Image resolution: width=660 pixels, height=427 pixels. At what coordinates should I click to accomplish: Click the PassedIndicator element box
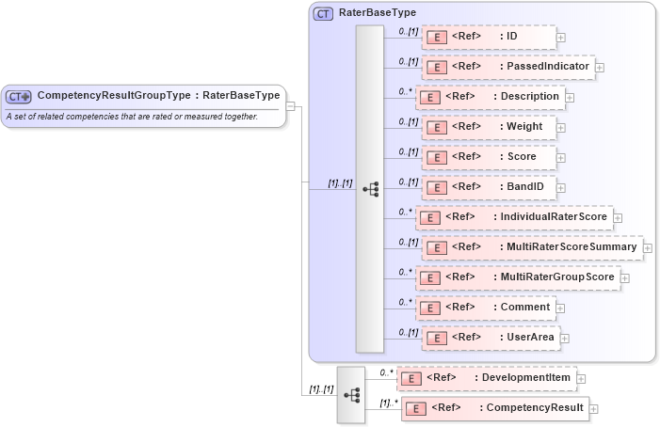[x=507, y=67]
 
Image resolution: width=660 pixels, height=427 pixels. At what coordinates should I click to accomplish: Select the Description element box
[x=490, y=97]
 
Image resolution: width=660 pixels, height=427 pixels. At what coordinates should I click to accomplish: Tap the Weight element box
[x=486, y=127]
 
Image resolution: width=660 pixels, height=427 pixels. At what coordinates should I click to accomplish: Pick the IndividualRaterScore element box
[x=514, y=217]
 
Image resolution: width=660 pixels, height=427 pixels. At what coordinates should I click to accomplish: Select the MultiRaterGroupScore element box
[x=517, y=277]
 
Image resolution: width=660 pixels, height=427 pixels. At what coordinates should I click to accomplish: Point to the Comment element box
[x=485, y=307]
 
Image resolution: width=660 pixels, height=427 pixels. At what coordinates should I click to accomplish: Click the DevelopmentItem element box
[x=486, y=378]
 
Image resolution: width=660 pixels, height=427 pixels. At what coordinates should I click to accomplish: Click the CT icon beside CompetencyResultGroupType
[x=19, y=96]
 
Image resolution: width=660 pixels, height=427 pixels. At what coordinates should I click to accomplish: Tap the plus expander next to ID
[x=561, y=38]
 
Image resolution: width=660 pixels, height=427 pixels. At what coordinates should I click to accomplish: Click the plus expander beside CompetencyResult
[x=593, y=409]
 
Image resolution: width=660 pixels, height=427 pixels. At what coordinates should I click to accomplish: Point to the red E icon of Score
[x=436, y=157]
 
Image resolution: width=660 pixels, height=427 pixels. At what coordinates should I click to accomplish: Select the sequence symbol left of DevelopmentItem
[x=351, y=394]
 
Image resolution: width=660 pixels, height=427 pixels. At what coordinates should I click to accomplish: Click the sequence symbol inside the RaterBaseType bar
[x=370, y=188]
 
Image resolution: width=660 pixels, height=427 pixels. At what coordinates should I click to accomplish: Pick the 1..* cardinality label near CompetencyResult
[x=387, y=403]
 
